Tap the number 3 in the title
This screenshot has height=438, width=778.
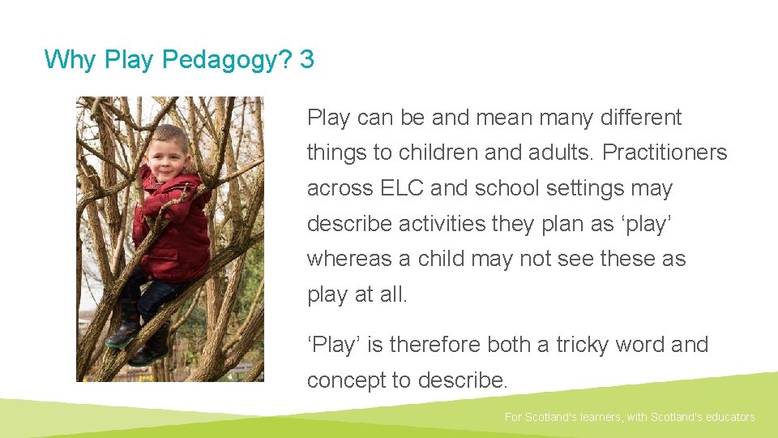[306, 59]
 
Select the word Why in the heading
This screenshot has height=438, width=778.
[69, 59]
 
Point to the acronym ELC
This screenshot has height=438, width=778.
[402, 188]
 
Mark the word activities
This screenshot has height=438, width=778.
[445, 224]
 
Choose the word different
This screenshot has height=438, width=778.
[641, 118]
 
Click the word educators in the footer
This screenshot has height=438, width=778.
[727, 417]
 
